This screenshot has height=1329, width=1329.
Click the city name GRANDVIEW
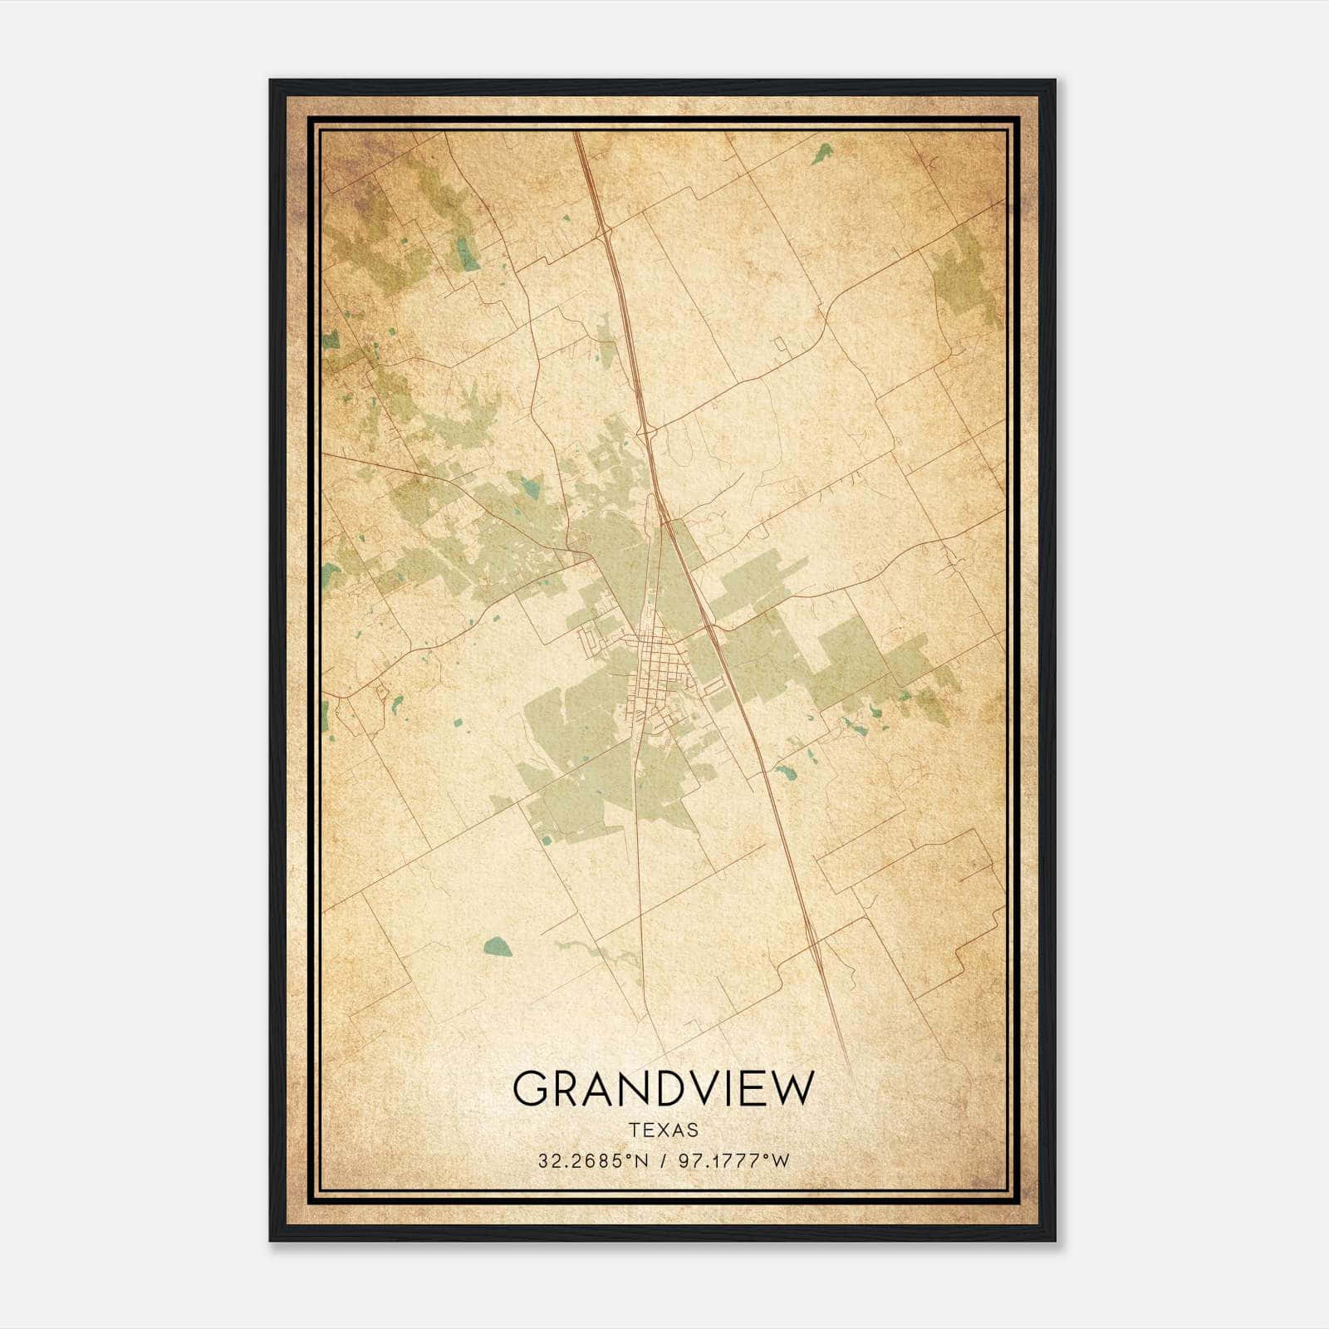[664, 1089]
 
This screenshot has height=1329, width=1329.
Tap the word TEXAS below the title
[664, 1130]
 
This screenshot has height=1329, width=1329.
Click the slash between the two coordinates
[662, 1160]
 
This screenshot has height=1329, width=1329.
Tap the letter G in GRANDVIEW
[532, 1089]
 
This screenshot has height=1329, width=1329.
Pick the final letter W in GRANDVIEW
[793, 1089]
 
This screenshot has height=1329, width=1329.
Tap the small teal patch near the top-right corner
[823, 153]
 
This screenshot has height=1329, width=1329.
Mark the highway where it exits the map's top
[578, 138]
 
